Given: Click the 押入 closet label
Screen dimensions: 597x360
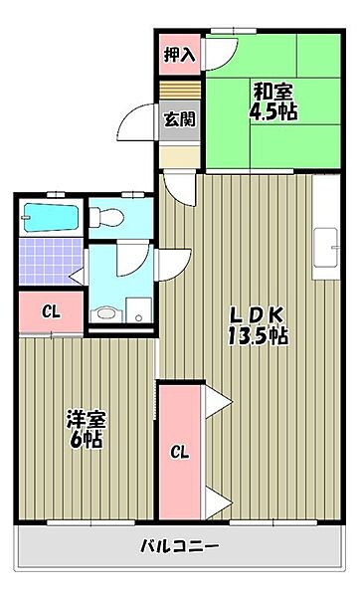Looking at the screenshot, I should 180,54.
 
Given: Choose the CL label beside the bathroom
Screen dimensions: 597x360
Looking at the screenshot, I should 50,311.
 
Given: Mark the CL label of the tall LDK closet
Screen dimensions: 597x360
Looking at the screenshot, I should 179,453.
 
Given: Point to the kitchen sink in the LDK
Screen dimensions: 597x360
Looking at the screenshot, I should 325,248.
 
